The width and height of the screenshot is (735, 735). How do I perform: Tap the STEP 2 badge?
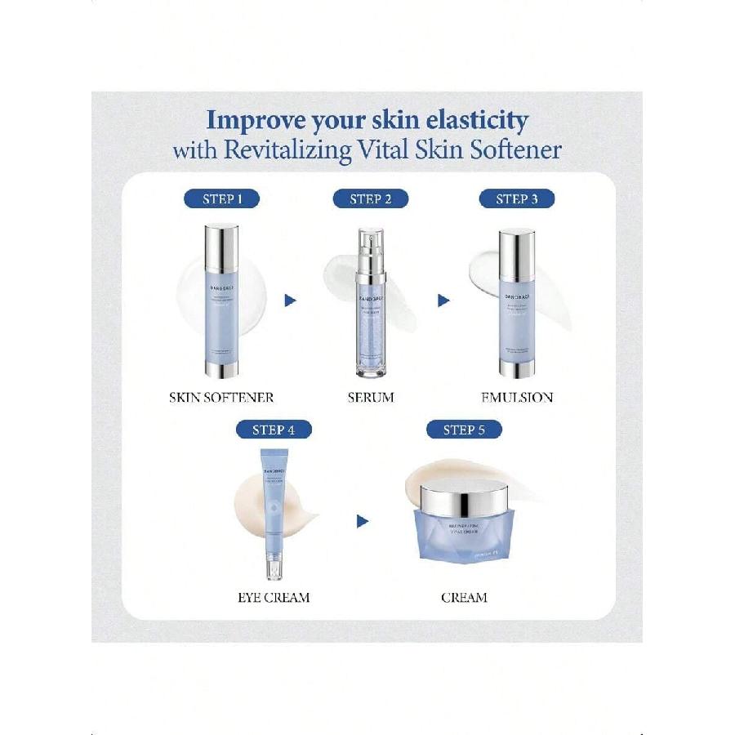pyautogui.click(x=370, y=198)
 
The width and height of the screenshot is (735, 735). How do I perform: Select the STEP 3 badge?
pyautogui.click(x=517, y=198)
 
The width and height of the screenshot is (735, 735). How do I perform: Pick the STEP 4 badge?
pyautogui.click(x=274, y=430)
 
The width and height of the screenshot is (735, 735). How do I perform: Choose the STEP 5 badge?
pyautogui.click(x=464, y=430)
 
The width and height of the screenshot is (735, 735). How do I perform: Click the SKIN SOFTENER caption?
pyautogui.click(x=220, y=398)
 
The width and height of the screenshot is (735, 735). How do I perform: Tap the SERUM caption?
pyautogui.click(x=370, y=398)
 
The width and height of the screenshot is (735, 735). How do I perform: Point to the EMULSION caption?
pyautogui.click(x=517, y=398)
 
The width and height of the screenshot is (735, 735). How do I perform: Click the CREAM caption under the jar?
pyautogui.click(x=464, y=598)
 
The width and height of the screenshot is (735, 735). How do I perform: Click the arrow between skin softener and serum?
pyautogui.click(x=290, y=301)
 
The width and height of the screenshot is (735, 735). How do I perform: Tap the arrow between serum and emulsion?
pyautogui.click(x=443, y=301)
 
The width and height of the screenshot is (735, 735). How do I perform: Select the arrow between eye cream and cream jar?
pyautogui.click(x=363, y=521)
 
